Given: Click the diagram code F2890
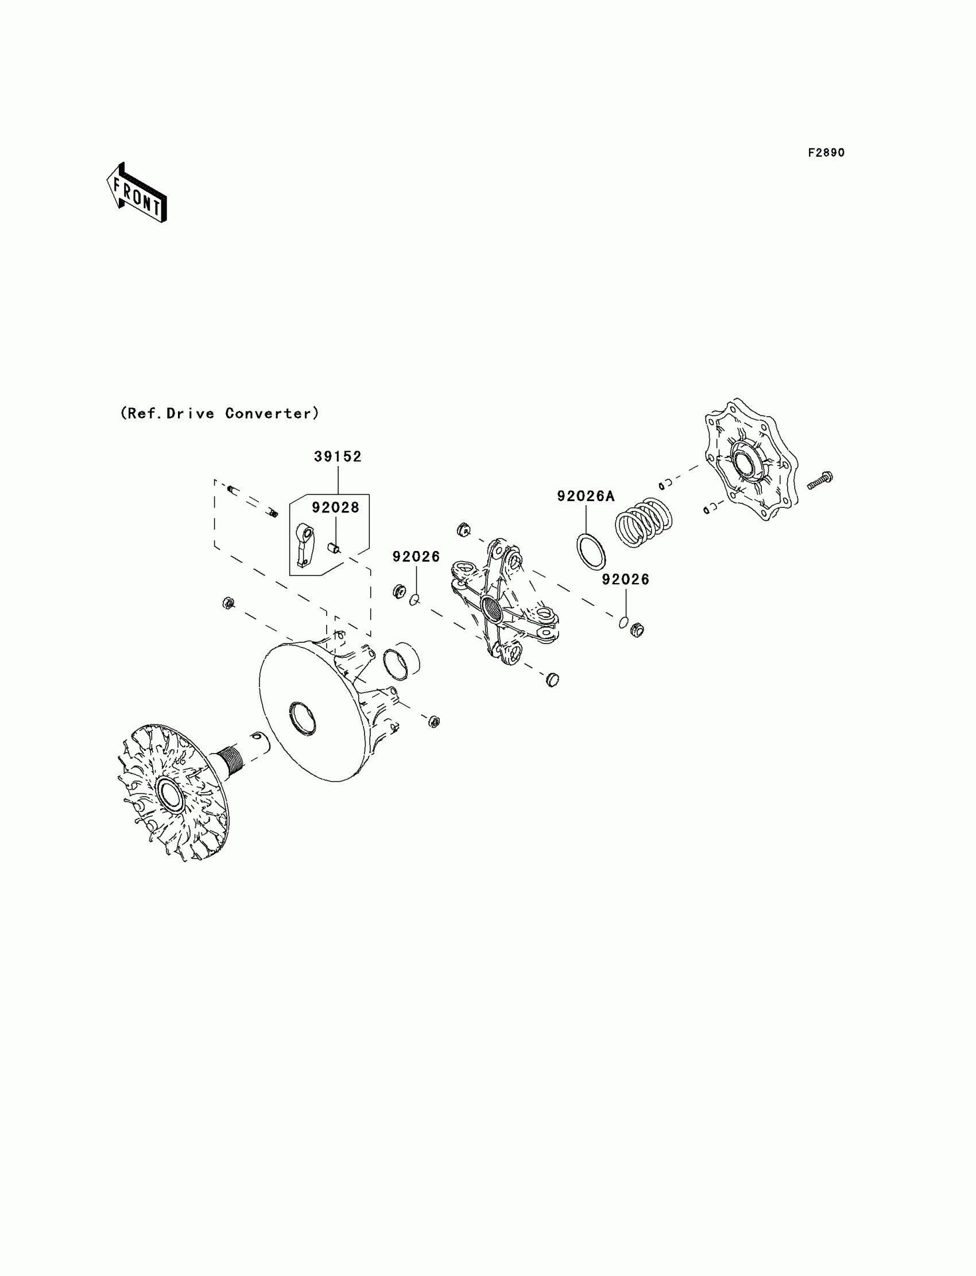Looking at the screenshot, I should tap(826, 153).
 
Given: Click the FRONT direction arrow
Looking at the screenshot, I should tap(137, 194).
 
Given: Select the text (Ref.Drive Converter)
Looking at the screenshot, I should tap(219, 413).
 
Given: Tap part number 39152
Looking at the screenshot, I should tap(338, 457).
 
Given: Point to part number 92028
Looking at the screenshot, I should tap(335, 507).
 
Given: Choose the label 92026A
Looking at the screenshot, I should tap(586, 496).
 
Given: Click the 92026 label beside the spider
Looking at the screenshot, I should tap(416, 557).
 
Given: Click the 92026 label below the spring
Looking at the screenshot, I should tap(626, 580).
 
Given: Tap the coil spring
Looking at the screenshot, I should tap(644, 523).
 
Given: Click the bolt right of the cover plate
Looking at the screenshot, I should tap(820, 480).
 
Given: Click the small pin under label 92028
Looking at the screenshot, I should tap(334, 548).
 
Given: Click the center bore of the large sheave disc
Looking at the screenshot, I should tap(303, 719).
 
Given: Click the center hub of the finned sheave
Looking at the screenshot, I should tap(169, 794).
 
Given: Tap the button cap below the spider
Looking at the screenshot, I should tap(552, 679).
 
